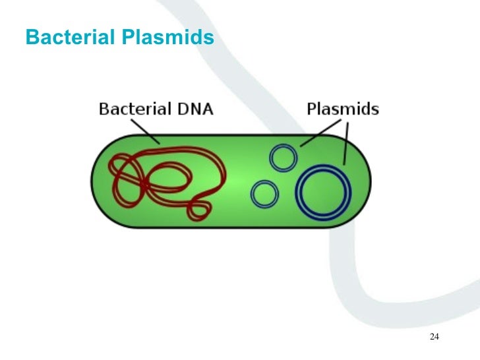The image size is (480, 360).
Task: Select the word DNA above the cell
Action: click(x=194, y=109)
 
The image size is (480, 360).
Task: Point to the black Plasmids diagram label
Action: click(x=343, y=109)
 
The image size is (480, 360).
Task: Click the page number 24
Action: click(x=434, y=337)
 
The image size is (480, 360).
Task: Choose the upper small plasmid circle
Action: click(x=283, y=158)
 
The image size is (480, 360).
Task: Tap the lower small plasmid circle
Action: click(x=265, y=194)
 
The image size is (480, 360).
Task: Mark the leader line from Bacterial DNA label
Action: click(x=144, y=130)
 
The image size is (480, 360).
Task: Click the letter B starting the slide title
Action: click(x=31, y=38)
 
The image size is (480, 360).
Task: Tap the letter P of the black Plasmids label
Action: click(x=311, y=109)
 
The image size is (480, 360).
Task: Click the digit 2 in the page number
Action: click(x=431, y=337)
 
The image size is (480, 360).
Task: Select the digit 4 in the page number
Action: click(x=436, y=337)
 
